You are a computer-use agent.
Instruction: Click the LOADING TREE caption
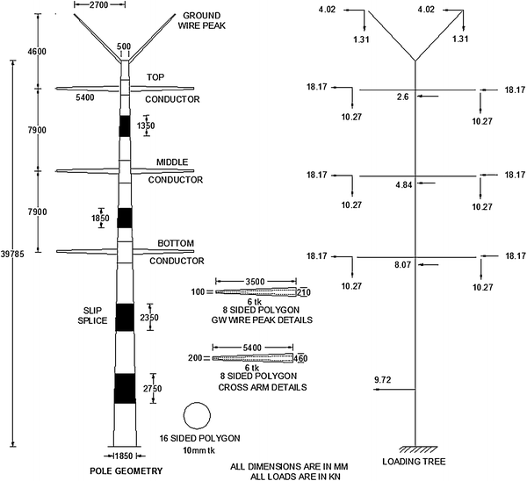coord(413,461)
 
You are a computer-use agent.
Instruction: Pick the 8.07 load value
coord(404,264)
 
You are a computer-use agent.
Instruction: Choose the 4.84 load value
coord(404,185)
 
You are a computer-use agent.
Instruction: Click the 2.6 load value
coord(402,97)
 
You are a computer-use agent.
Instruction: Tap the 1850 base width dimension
coord(126,456)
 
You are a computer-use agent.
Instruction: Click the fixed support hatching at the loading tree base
coord(415,448)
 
